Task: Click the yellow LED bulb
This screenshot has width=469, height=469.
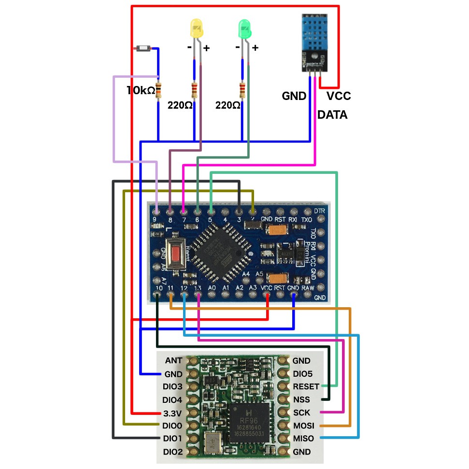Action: click(197, 29)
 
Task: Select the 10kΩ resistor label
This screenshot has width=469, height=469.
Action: click(141, 90)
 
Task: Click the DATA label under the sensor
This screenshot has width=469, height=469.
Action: click(332, 115)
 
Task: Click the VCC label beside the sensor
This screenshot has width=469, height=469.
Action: click(339, 96)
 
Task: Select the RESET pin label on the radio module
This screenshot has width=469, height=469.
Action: click(306, 386)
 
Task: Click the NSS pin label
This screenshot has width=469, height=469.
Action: click(301, 399)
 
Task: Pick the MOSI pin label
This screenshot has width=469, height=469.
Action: click(303, 426)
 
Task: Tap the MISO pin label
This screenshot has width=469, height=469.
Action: click(303, 439)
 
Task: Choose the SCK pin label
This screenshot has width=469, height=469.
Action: click(301, 412)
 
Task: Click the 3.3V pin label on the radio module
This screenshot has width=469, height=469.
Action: click(172, 413)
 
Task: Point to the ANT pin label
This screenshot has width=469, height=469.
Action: click(173, 360)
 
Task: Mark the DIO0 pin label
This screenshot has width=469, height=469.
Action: click(172, 426)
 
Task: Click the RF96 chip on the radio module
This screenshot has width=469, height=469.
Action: click(250, 420)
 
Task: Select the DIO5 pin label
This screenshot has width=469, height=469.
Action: click(303, 373)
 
